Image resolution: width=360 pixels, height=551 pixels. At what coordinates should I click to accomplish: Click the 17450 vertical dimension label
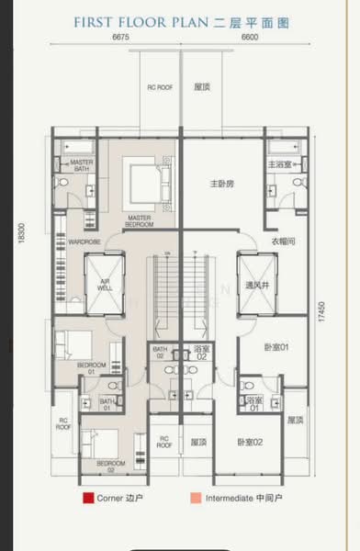pos(322,308)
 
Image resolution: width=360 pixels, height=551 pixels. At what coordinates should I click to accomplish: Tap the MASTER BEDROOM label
pos(140,220)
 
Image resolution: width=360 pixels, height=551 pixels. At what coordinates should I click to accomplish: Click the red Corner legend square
pos(87,500)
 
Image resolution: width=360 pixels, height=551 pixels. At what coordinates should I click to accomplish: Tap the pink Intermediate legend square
pos(197,500)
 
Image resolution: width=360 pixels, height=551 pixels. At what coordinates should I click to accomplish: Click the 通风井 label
pos(254,285)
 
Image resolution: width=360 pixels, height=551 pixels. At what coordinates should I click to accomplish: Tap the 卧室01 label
pos(276,347)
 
